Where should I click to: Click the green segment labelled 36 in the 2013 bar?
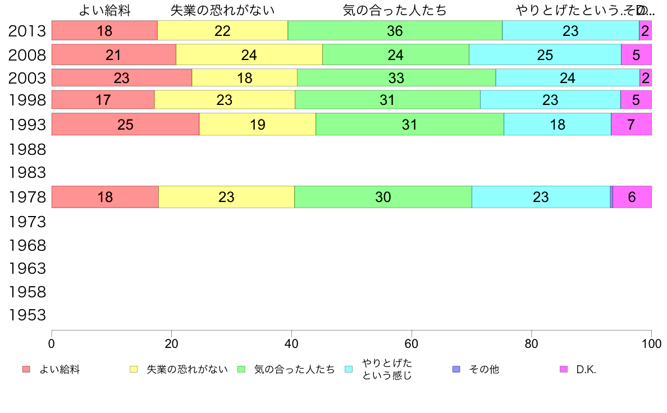point(395,31)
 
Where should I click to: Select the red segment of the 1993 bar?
point(125,124)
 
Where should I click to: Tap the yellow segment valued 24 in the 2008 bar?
point(249,54)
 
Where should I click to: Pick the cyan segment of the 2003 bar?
point(567,77)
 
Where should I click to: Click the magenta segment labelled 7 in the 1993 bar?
point(631,124)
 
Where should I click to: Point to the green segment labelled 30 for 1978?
point(383,197)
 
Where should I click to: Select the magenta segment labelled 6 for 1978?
point(632,197)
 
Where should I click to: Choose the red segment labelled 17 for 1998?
point(103,100)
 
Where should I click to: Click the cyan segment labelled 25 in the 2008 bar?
point(545,54)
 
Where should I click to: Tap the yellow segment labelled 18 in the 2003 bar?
point(244,77)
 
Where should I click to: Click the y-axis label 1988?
point(27,150)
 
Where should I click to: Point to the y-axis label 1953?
point(27,315)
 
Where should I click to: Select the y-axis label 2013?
point(27,31)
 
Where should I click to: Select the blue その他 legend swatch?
point(456,369)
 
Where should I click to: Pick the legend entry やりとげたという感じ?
point(387,369)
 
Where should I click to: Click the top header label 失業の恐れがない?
point(222,10)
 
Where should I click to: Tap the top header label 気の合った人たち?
point(395,10)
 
